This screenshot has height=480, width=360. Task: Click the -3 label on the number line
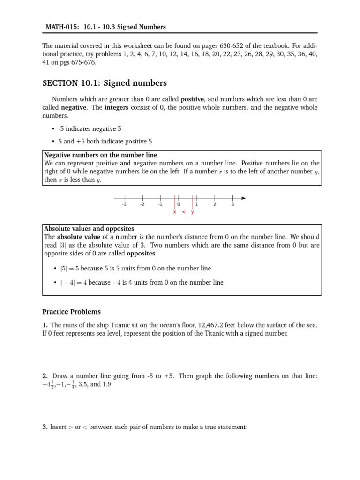tap(124, 204)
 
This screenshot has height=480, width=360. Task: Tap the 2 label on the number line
tap(215, 204)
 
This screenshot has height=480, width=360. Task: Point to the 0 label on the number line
tap(179, 204)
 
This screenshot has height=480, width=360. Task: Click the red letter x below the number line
tap(174, 212)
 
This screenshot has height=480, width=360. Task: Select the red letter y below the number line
tap(192, 212)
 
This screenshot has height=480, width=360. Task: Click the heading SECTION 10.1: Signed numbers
tap(104, 83)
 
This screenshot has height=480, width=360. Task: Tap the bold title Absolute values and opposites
tap(89, 229)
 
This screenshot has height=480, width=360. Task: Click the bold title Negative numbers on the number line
tap(100, 155)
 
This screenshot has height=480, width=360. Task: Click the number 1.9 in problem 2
tap(107, 384)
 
